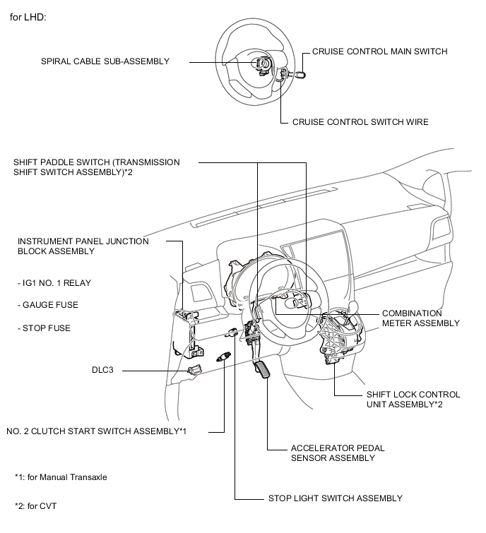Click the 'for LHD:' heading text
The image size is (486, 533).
tap(28, 17)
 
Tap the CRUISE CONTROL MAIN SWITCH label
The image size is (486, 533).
tap(379, 52)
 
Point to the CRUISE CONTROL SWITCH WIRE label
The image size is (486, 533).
tap(360, 122)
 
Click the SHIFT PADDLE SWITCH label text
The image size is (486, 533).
tap(96, 168)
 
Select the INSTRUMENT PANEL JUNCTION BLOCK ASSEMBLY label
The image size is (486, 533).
tap(83, 246)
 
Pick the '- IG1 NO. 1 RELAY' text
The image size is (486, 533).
tap(54, 283)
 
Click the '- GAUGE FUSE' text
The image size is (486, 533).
tap(48, 305)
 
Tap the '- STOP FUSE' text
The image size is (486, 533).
tap(45, 328)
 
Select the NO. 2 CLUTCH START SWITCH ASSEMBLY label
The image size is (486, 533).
tap(96, 431)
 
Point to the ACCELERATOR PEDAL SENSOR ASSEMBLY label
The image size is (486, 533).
tap(332, 453)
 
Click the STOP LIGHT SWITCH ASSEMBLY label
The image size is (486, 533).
tap(335, 498)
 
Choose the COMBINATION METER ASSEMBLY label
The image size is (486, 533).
tap(420, 318)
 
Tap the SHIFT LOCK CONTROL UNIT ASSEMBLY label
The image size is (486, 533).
tap(413, 400)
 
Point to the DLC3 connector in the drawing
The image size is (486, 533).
tap(194, 368)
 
